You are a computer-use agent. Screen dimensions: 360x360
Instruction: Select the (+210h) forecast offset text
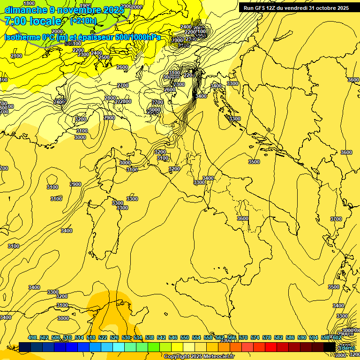click(83, 21)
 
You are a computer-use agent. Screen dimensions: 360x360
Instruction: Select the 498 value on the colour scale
click(32, 337)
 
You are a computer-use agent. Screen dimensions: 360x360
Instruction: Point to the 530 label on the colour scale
click(126, 337)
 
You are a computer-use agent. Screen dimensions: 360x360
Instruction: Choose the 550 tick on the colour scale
click(185, 337)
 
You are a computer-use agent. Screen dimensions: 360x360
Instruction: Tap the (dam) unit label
click(347, 347)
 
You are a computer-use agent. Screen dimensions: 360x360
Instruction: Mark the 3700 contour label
click(336, 219)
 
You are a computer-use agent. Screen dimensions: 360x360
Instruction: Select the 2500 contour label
click(104, 58)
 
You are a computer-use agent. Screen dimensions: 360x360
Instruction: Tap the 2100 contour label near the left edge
click(16, 56)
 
